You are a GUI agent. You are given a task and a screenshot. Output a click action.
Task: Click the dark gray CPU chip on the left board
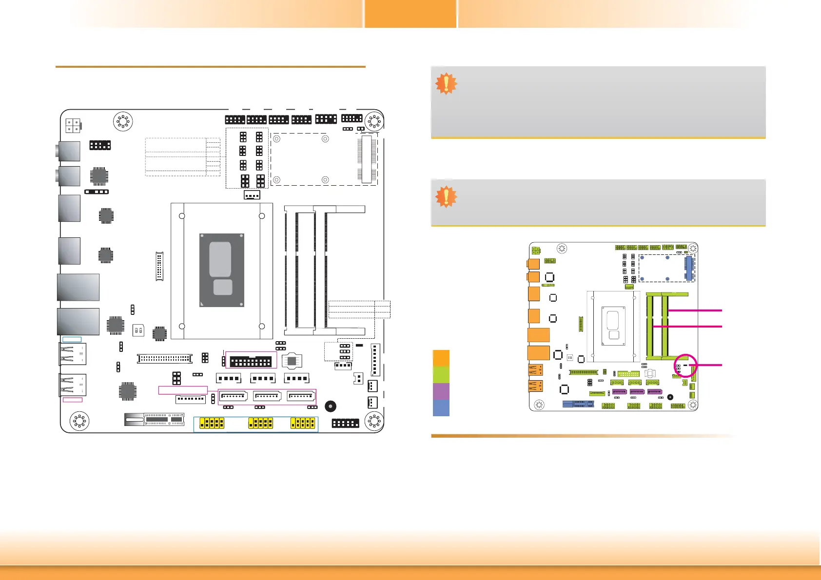(222, 270)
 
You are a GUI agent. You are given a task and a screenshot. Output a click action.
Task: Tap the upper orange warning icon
(446, 84)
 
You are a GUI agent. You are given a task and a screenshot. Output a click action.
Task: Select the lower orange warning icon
(446, 197)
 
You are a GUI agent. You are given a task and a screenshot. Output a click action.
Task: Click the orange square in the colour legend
(441, 358)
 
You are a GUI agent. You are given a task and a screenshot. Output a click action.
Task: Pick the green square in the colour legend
(441, 374)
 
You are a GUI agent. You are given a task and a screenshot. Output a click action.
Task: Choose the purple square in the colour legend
(441, 391)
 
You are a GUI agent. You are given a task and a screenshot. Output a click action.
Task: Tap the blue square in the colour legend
(441, 408)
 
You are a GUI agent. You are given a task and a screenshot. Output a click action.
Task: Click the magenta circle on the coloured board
(685, 366)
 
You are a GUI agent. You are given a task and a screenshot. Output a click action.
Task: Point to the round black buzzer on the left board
(331, 406)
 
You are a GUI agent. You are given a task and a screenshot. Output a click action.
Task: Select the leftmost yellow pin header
(212, 423)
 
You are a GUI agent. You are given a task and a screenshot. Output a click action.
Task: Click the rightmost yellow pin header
(303, 423)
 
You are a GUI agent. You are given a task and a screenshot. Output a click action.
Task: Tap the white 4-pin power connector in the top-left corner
(73, 126)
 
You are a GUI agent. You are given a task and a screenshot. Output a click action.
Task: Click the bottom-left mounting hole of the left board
(79, 421)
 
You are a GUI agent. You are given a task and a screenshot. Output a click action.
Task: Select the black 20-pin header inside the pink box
(251, 362)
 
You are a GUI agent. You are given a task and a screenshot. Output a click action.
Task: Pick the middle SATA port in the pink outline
(267, 396)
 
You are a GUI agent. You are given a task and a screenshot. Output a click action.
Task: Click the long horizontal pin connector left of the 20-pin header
(165, 358)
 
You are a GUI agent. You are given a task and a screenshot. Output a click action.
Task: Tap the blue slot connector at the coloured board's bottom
(578, 404)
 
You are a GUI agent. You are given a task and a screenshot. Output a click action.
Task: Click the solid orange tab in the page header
(410, 14)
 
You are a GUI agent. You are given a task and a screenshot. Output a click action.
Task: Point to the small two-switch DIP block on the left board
(138, 330)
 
